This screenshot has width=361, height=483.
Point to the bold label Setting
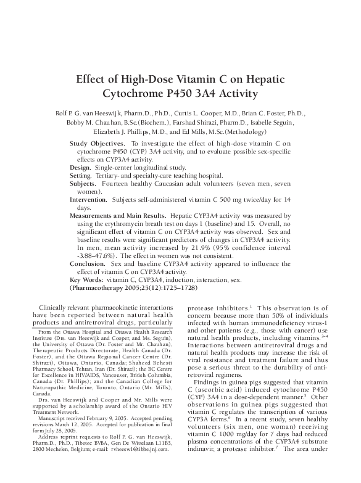tap(81, 176)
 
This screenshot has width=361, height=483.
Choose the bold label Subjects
tap(83, 184)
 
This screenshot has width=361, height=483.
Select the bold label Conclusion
tap(87, 263)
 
